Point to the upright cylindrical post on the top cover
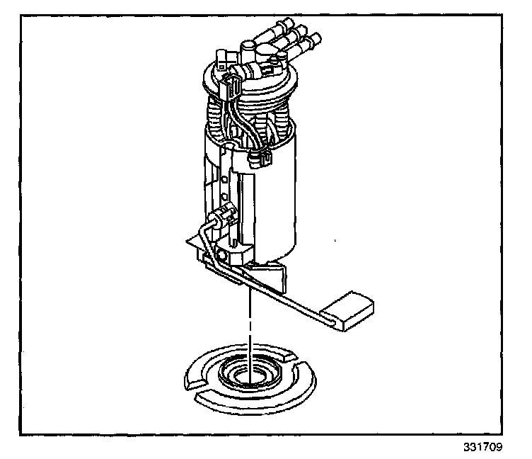coord(248,50)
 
